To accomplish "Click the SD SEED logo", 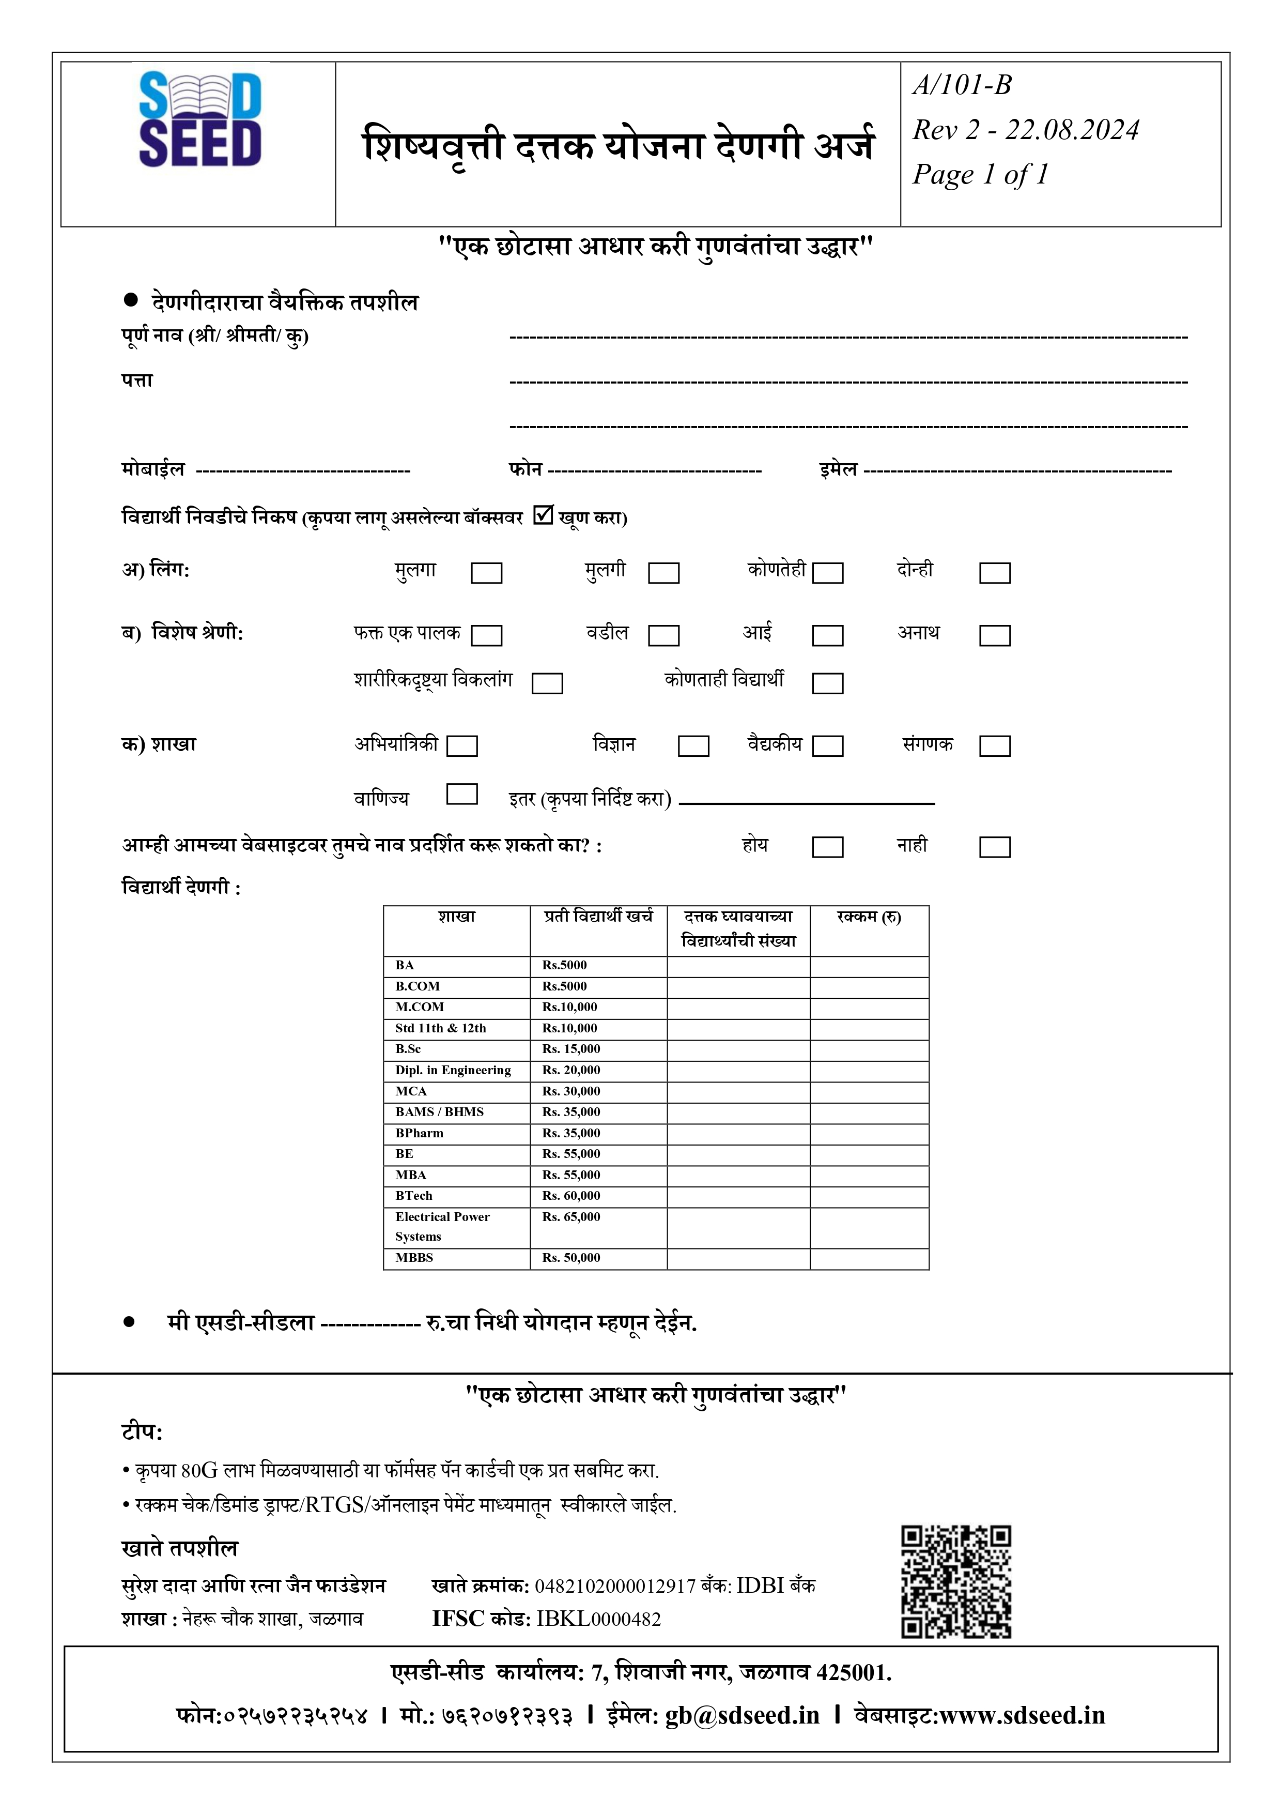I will click(x=200, y=120).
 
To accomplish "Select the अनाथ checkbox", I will click(x=995, y=636).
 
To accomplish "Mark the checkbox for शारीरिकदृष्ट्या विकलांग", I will click(x=547, y=683).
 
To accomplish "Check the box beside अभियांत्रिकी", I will click(x=462, y=746).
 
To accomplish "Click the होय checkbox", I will click(x=828, y=847).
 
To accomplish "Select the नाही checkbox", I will click(x=995, y=847).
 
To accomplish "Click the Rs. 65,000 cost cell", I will click(x=571, y=1217).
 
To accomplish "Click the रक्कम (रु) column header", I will click(x=869, y=917).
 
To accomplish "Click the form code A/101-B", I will click(x=962, y=85).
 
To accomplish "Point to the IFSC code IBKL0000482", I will click(x=599, y=1619).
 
